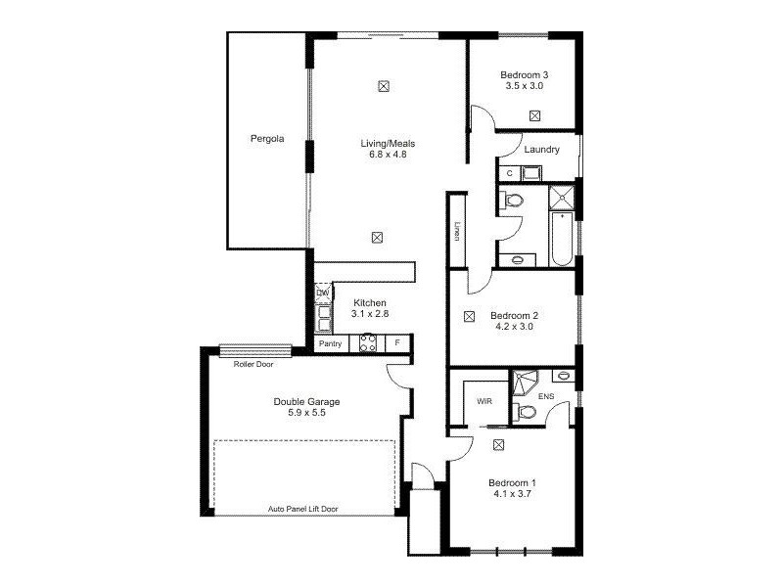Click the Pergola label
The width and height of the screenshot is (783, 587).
[266, 139]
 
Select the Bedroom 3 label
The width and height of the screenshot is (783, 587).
[524, 75]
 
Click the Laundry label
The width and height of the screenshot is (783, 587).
[541, 150]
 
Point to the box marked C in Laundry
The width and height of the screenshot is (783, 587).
[508, 174]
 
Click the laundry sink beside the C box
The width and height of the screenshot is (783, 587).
[531, 174]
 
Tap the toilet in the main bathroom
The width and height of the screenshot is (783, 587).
[514, 202]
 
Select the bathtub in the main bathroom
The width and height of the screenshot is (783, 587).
[561, 242]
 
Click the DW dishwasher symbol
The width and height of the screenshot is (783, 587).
[322, 293]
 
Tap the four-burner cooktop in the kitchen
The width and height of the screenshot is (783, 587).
[368, 343]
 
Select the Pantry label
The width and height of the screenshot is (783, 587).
[331, 343]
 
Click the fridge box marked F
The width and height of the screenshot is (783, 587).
[397, 343]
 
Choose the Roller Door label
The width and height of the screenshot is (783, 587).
[253, 364]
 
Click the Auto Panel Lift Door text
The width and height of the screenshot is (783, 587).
[304, 509]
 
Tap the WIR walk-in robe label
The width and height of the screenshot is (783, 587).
[484, 401]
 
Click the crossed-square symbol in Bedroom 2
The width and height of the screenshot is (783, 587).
[469, 316]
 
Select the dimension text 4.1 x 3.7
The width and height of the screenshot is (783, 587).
[513, 495]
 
